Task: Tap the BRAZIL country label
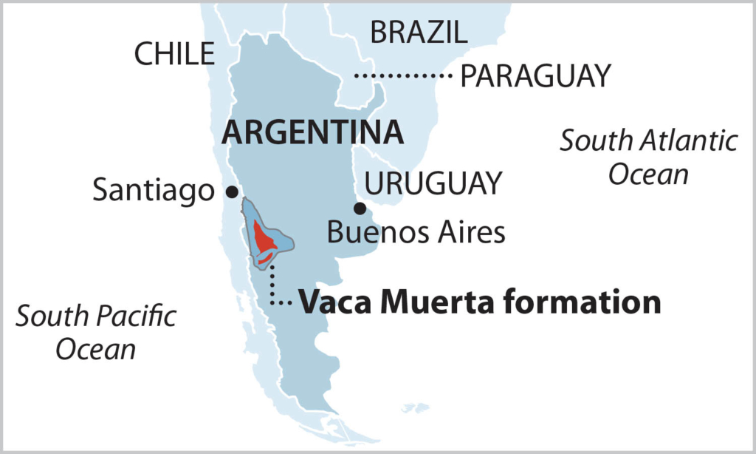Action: [x=419, y=32]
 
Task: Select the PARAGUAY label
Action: [x=535, y=75]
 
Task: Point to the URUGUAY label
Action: [x=434, y=183]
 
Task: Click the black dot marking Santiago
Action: [x=232, y=192]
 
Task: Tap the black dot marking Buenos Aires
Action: [x=360, y=209]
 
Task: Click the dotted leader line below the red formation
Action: [x=272, y=285]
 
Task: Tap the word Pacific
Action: [x=140, y=316]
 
